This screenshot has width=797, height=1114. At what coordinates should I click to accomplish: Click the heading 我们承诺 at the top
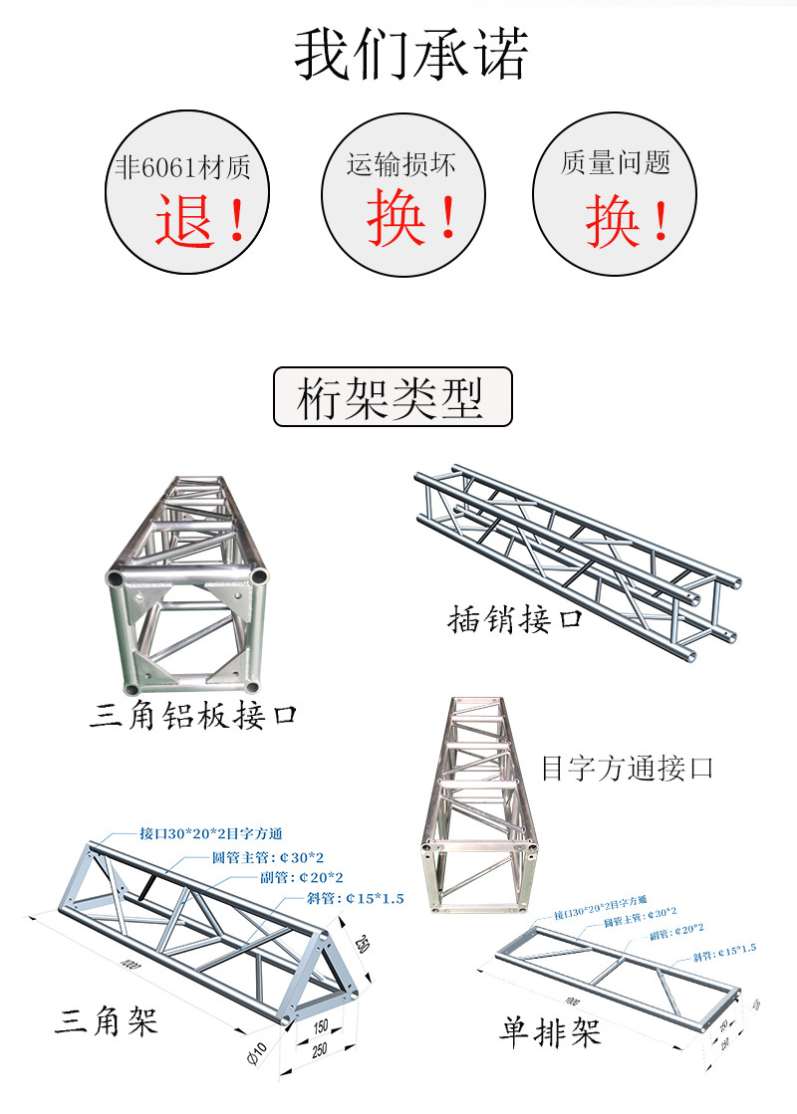(x=409, y=56)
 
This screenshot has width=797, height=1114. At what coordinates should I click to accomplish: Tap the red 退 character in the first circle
(x=185, y=220)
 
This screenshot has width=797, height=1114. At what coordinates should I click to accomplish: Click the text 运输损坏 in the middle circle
(x=400, y=163)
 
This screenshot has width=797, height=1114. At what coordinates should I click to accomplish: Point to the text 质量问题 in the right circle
(x=615, y=162)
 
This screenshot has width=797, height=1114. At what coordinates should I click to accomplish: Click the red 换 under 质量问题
(x=612, y=221)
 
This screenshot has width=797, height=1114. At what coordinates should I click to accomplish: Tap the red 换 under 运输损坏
(x=397, y=218)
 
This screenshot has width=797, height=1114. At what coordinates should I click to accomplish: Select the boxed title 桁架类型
(x=392, y=397)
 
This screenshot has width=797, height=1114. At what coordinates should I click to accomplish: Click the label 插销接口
(x=514, y=619)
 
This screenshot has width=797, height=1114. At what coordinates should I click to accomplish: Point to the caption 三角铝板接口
(x=194, y=715)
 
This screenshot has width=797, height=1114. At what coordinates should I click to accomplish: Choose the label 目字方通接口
(x=628, y=768)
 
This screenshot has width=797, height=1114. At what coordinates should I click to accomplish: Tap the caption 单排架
(x=550, y=1032)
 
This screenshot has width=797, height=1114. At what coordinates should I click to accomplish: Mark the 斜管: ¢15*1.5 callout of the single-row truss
(x=724, y=948)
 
